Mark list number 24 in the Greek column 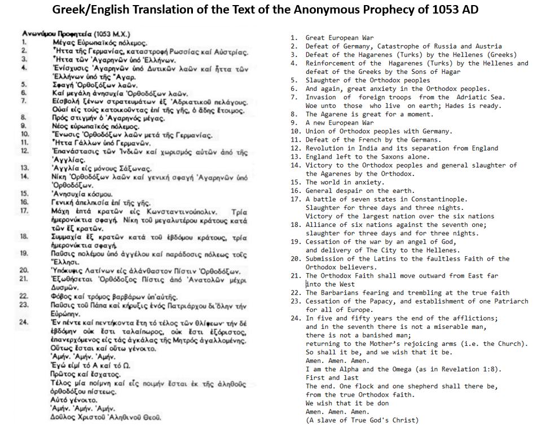pos(24,322)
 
